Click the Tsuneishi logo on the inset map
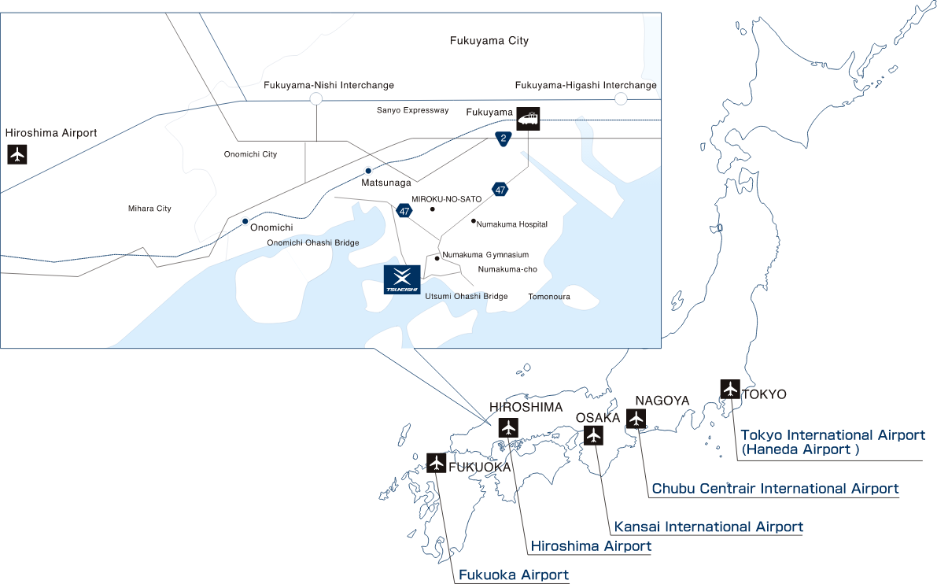[402, 279]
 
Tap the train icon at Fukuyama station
[528, 118]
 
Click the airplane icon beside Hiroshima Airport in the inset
[17, 154]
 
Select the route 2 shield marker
[504, 139]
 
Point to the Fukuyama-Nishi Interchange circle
[316, 99]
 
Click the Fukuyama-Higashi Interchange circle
[621, 98]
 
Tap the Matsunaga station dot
[368, 171]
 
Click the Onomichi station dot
[245, 221]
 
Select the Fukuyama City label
[489, 41]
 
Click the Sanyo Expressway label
[412, 110]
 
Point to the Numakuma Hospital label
[512, 224]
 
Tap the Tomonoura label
[549, 297]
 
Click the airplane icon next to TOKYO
[730, 389]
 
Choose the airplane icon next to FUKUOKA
[436, 463]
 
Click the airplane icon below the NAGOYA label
[636, 419]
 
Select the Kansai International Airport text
[709, 527]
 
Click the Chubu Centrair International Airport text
[775, 488]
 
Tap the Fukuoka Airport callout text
[513, 575]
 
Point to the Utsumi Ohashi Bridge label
[466, 296]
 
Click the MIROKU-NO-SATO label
[446, 199]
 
